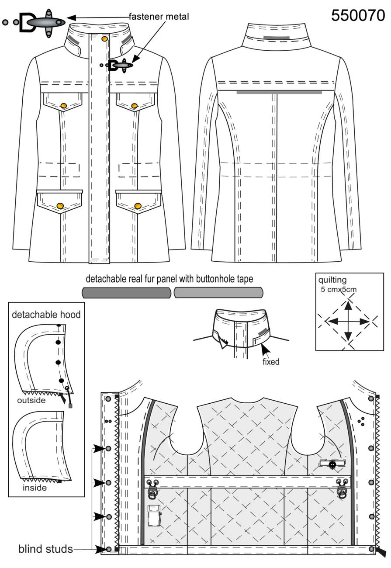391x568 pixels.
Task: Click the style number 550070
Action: tap(358, 15)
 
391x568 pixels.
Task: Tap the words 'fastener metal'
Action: tap(159, 17)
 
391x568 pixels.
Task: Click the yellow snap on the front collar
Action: tap(104, 39)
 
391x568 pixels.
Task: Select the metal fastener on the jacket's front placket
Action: tap(117, 66)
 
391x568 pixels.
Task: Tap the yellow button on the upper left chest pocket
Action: tap(63, 105)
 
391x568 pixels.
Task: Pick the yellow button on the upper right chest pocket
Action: tap(135, 105)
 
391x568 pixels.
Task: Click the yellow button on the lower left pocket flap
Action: tap(60, 206)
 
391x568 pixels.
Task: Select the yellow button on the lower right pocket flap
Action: tap(138, 206)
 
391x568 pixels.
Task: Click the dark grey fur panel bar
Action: tap(127, 293)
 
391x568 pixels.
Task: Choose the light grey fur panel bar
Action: tap(218, 292)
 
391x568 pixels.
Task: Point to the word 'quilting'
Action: tap(332, 280)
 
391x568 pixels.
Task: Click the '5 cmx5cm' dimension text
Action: tap(339, 289)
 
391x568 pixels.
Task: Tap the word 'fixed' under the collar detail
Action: tap(271, 362)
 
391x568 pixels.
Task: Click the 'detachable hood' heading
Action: tap(46, 315)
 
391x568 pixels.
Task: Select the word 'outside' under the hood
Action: tap(31, 400)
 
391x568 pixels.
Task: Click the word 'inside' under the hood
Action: tap(35, 488)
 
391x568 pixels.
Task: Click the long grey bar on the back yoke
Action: tap(279, 93)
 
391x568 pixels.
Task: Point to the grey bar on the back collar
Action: tap(277, 38)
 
